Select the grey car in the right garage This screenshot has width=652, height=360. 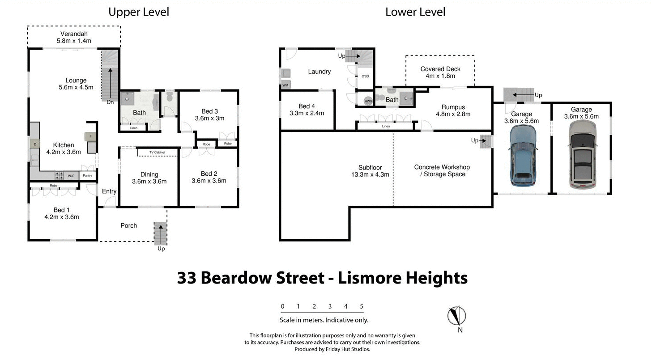(x=582, y=155)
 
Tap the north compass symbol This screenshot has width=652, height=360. (x=456, y=316)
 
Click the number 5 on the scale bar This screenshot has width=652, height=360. (x=362, y=306)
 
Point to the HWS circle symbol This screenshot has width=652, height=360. (x=368, y=102)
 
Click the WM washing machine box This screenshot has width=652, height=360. (x=285, y=85)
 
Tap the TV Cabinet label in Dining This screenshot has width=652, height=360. (x=157, y=152)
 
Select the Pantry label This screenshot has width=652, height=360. (x=87, y=176)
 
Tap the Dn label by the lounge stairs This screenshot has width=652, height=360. (x=110, y=102)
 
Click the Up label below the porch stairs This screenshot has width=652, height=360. (x=161, y=249)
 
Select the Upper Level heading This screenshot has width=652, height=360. (x=139, y=12)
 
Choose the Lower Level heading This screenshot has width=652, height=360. (x=415, y=12)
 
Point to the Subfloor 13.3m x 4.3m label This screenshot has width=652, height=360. (x=370, y=171)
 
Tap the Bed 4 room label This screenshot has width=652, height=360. (x=307, y=110)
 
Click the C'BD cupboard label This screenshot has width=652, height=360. (x=365, y=76)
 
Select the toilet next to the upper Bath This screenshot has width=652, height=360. (x=169, y=97)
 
